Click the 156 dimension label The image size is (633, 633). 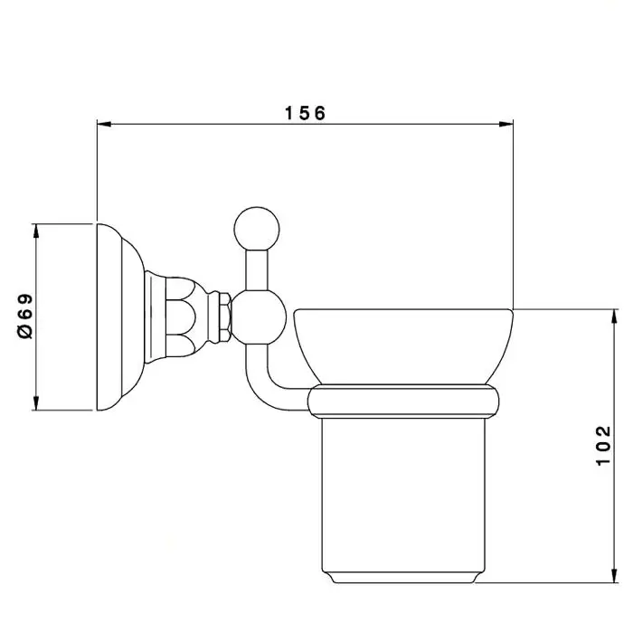pyautogui.click(x=305, y=113)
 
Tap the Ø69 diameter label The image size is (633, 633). pyautogui.click(x=25, y=316)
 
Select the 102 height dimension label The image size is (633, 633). pyautogui.click(x=603, y=446)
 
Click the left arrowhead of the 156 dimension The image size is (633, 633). pyautogui.click(x=104, y=124)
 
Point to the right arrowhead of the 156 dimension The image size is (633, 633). pyautogui.click(x=506, y=124)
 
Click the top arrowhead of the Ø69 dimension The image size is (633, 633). pyautogui.click(x=36, y=231)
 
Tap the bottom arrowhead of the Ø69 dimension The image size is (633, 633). pyautogui.click(x=36, y=403)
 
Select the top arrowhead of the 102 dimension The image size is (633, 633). pyautogui.click(x=614, y=316)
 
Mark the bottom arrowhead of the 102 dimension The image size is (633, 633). pyautogui.click(x=614, y=576)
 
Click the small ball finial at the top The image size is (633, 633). pyautogui.click(x=257, y=230)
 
